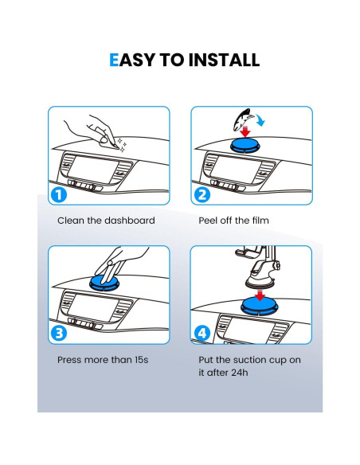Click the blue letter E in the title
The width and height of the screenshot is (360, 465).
pos(114,61)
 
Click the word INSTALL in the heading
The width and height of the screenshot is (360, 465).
pos(224,61)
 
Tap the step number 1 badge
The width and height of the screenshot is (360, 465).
pos(59,195)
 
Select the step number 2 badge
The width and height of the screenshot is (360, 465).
pos(202,195)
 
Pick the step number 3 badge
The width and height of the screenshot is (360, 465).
pos(59,333)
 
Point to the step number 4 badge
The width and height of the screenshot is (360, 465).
pos(202,333)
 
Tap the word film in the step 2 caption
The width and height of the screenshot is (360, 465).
pos(260,221)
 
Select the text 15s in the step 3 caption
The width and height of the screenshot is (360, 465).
pos(142,360)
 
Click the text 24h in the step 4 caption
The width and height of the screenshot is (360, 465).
pos(239,373)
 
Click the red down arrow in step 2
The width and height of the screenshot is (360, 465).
pos(245,131)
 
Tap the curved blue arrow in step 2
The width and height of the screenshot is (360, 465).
pos(260,121)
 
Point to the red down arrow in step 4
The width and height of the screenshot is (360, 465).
pos(260,295)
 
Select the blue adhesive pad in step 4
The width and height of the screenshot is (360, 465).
pos(260,306)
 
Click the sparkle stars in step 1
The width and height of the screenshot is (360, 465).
pos(122,145)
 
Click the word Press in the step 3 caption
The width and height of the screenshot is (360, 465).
pos(69,360)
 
